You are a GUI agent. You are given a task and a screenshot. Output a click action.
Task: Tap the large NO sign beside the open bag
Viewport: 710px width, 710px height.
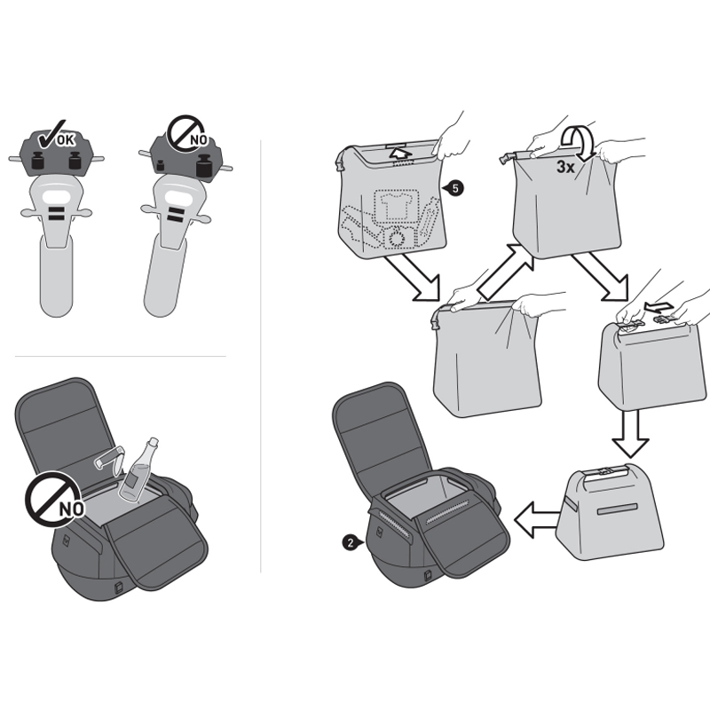click(54, 500)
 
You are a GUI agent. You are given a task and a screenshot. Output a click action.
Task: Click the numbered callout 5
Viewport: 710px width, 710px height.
click(455, 188)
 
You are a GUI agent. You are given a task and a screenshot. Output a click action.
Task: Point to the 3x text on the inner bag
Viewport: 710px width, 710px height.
click(565, 167)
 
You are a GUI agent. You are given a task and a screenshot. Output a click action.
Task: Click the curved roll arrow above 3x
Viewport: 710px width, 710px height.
click(579, 143)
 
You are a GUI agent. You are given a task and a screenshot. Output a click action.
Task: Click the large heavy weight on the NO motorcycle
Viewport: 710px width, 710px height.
click(205, 165)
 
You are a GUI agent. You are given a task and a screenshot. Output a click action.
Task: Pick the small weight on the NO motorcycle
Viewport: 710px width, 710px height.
click(160, 165)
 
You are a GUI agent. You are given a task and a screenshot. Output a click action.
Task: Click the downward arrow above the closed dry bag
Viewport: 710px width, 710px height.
click(630, 433)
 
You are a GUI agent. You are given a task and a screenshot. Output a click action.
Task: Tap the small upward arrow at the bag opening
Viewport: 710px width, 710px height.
click(401, 153)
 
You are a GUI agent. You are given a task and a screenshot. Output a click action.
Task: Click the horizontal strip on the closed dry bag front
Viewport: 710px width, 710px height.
click(617, 509)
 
